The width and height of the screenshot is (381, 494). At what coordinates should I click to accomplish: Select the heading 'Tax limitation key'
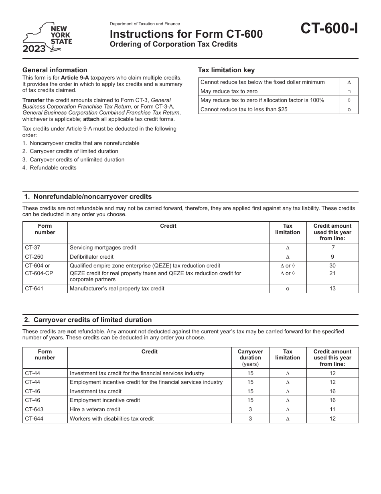[x=226, y=70]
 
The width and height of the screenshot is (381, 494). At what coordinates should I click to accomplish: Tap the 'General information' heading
[x=55, y=70]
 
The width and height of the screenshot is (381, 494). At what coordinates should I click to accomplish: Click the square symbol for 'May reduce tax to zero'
[x=349, y=92]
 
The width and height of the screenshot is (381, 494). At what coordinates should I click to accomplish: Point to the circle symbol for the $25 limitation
[x=349, y=110]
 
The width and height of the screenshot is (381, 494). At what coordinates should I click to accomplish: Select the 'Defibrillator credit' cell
[x=92, y=257]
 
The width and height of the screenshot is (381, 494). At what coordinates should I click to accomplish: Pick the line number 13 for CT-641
[x=332, y=289]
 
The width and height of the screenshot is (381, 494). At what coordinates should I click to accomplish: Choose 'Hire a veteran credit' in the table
[x=95, y=410]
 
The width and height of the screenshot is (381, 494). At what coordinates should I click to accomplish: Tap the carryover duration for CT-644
[x=250, y=418]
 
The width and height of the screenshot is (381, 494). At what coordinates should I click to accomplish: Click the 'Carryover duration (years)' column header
[x=250, y=357]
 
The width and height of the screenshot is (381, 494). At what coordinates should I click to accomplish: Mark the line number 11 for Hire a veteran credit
[x=332, y=410]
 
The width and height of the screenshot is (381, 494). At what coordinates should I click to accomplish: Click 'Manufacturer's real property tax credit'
[x=117, y=289]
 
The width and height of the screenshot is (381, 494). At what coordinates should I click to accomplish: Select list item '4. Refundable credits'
[x=49, y=168]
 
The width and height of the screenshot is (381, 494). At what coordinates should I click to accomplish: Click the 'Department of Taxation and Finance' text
[x=145, y=24]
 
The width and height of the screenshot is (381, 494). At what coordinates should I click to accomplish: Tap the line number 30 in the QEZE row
[x=332, y=266]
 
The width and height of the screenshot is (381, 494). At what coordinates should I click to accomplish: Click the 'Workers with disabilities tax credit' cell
[x=112, y=418]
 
